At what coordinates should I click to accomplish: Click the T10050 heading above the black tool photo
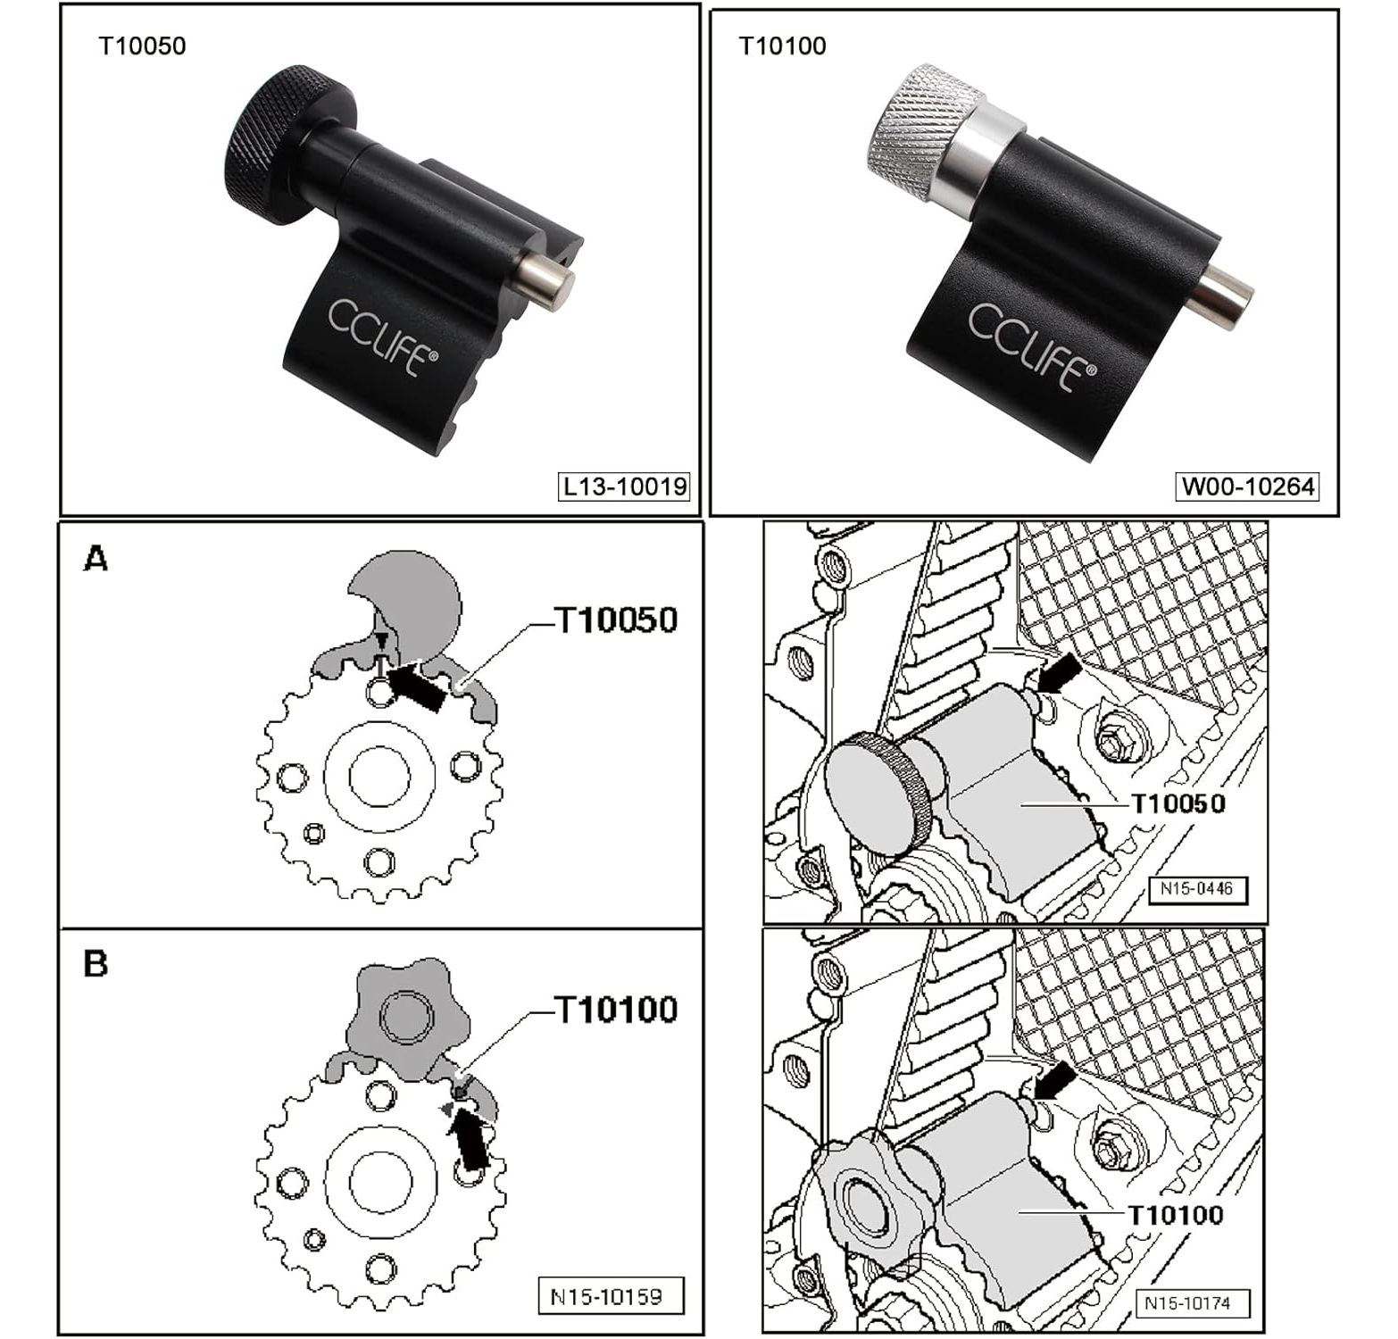[x=142, y=46]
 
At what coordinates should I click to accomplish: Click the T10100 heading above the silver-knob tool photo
[x=782, y=46]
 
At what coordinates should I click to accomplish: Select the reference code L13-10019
[x=625, y=487]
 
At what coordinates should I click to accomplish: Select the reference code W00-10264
[x=1248, y=487]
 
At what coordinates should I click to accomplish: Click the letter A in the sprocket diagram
[x=96, y=560]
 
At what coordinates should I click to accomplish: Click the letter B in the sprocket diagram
[x=96, y=964]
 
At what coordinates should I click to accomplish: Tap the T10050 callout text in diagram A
[x=616, y=620]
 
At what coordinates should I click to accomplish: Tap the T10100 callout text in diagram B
[x=616, y=1010]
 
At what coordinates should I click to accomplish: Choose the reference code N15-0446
[x=1196, y=889]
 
